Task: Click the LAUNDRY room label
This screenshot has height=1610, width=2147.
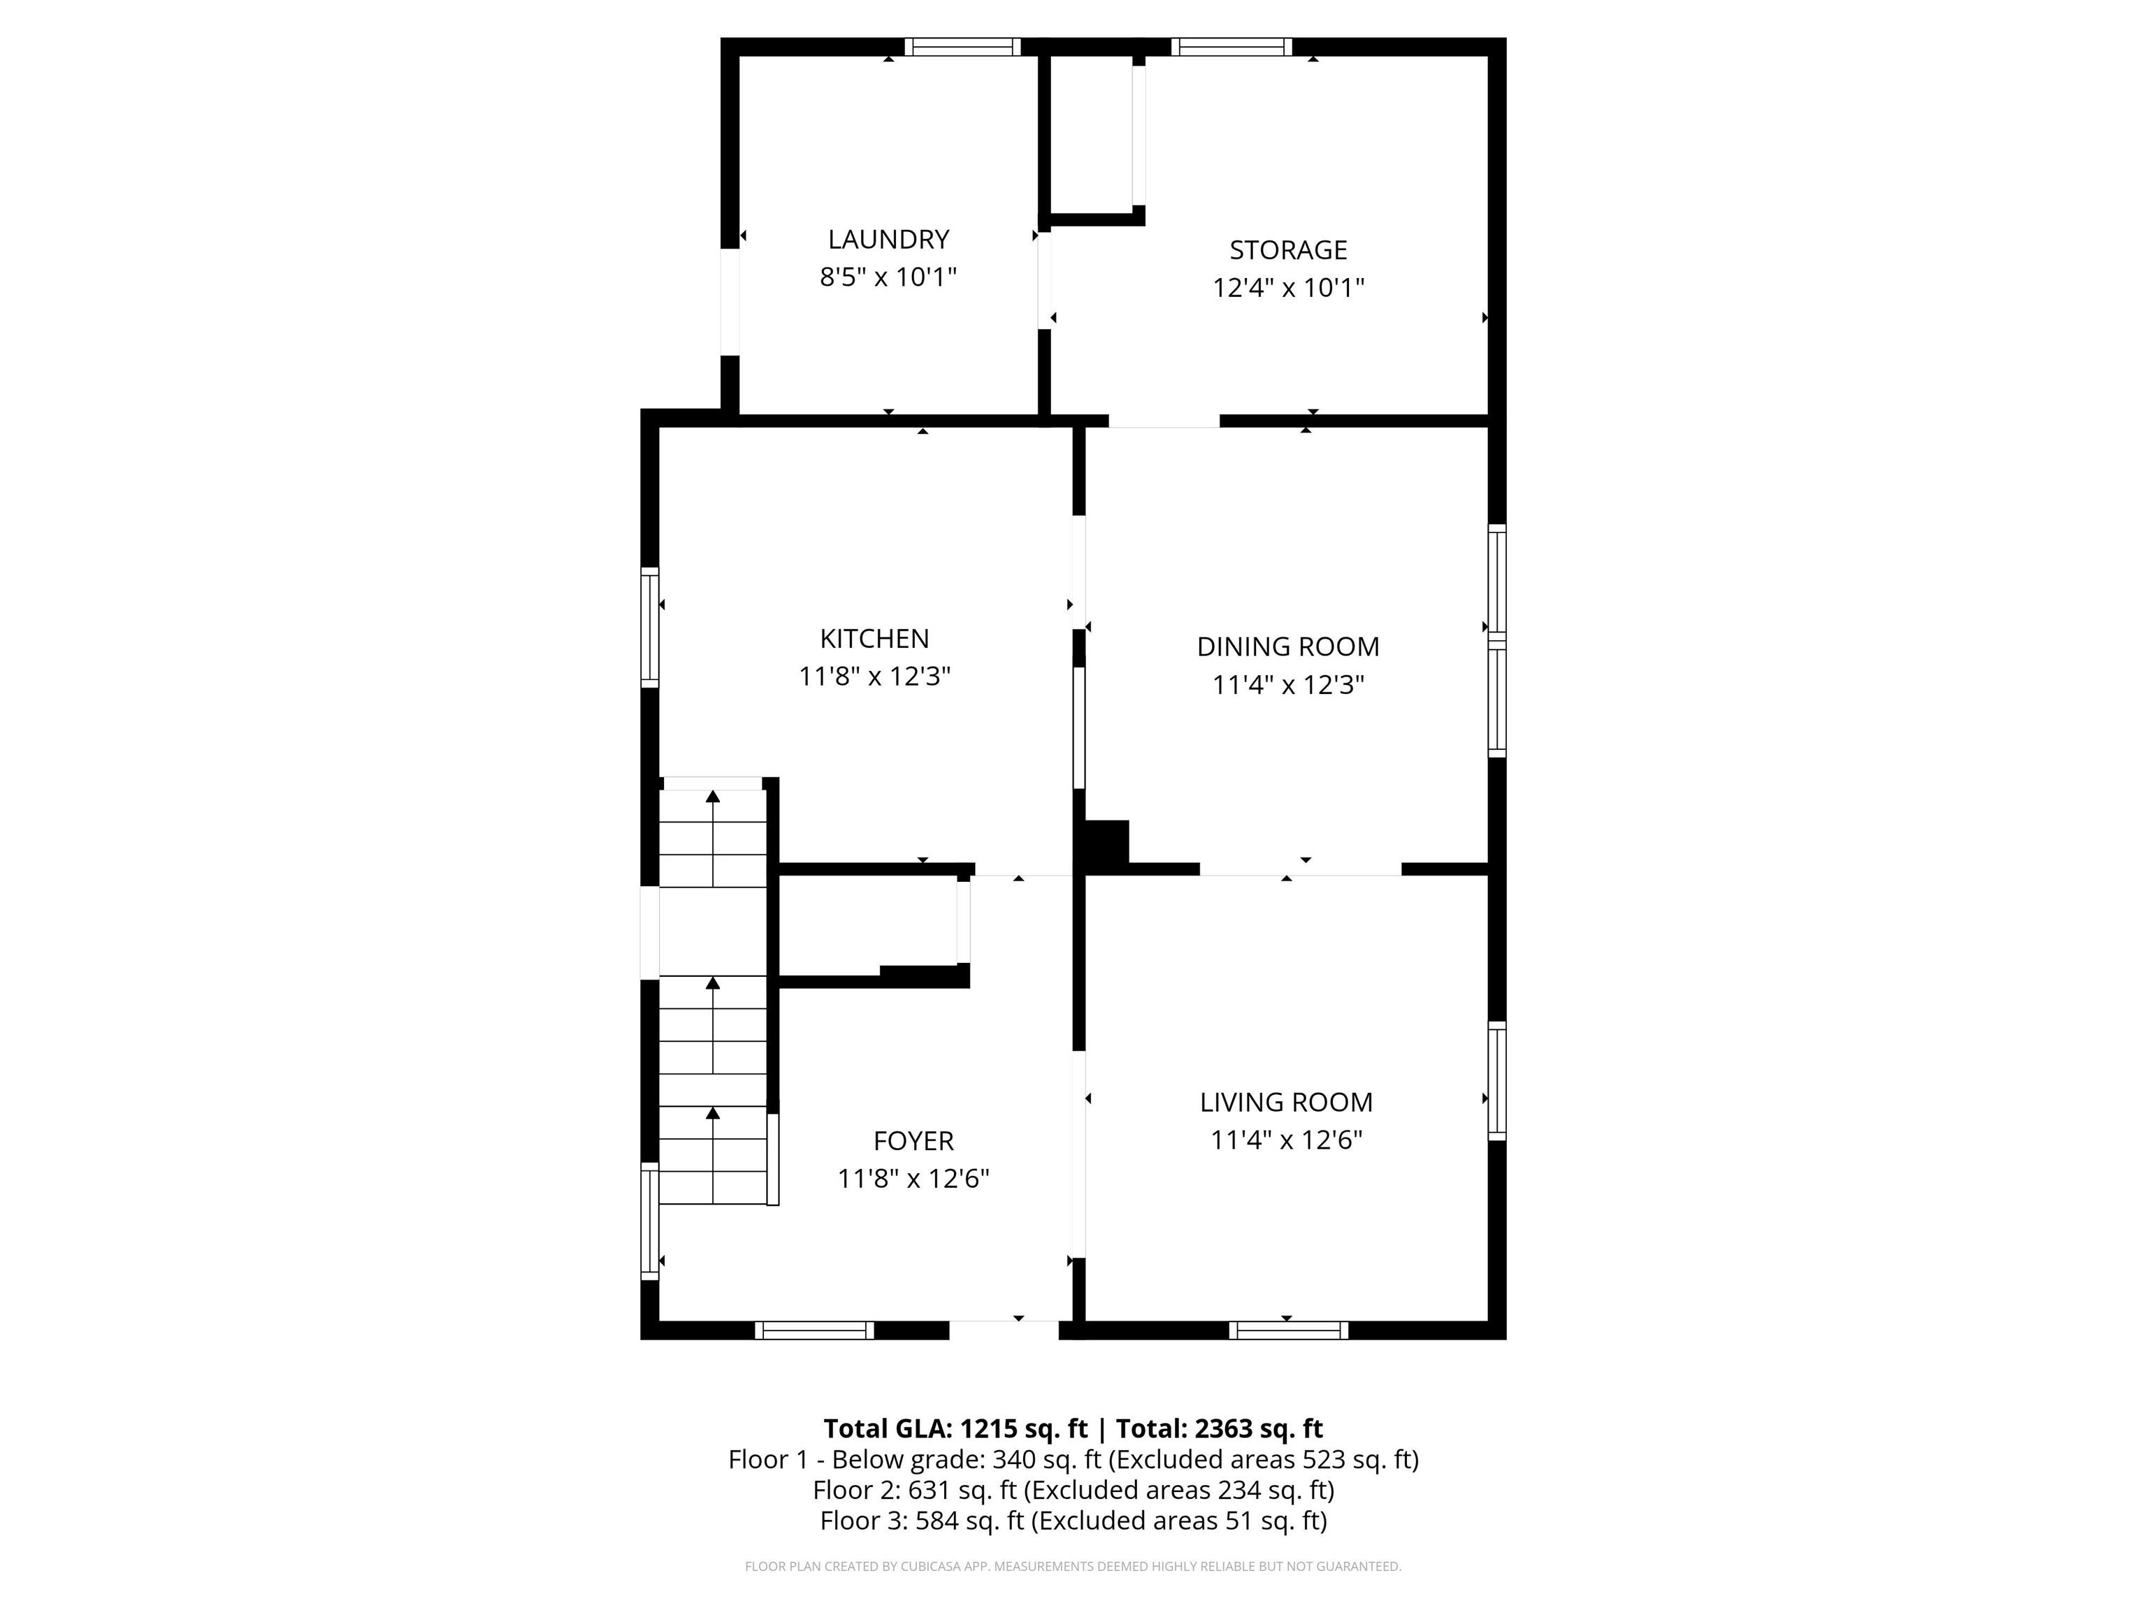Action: (x=888, y=239)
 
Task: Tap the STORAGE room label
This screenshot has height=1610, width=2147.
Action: (x=1288, y=250)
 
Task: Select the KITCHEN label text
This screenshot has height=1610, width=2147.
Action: (x=874, y=639)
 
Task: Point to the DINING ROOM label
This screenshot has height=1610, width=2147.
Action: (x=1288, y=646)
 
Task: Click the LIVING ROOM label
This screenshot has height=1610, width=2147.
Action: (x=1286, y=1103)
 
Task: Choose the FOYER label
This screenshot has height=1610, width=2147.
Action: (x=913, y=1140)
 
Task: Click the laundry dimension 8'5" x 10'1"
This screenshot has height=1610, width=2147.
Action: (x=888, y=277)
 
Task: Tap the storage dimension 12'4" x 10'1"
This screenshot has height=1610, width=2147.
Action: (x=1288, y=288)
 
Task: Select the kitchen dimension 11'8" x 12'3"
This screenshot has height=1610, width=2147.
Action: (x=874, y=676)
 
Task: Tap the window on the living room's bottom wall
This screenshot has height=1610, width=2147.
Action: (x=1289, y=1330)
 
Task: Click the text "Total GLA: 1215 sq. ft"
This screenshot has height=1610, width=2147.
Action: (x=955, y=1428)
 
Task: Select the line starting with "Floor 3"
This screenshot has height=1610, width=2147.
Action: (x=1073, y=1521)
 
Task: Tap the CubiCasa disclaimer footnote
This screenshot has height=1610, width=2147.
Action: (x=1073, y=1567)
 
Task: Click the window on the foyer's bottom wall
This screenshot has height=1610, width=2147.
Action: (x=814, y=1330)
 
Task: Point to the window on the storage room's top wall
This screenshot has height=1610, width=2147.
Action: (x=1231, y=47)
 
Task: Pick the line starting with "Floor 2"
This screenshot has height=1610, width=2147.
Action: (x=1073, y=1490)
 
